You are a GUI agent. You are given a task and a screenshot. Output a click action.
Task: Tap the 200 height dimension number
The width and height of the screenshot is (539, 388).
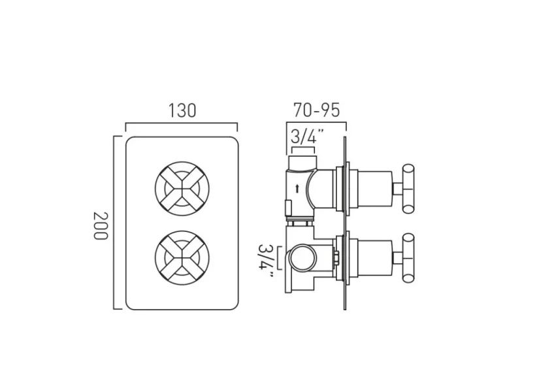click(99, 225)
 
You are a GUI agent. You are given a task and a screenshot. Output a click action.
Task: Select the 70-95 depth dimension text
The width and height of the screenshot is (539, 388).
click(317, 110)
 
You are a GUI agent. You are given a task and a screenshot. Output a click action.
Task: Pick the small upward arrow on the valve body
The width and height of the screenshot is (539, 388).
click(298, 189)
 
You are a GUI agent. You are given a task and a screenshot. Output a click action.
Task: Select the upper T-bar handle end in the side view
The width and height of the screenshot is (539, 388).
click(409, 189)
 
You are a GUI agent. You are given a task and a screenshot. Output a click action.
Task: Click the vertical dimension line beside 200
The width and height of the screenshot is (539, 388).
click(114, 222)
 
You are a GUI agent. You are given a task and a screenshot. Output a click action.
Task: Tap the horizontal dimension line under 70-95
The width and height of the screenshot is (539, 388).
click(317, 124)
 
